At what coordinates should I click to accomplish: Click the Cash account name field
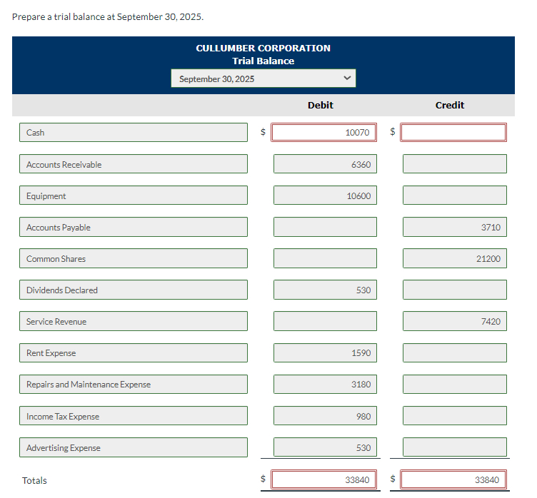(134, 133)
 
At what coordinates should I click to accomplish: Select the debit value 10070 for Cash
(325, 133)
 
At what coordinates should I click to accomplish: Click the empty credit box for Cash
(454, 133)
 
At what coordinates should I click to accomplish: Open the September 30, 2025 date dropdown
(263, 78)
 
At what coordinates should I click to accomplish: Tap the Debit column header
(320, 105)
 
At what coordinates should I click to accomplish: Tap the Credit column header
(450, 105)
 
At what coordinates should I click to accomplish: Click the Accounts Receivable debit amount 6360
(325, 164)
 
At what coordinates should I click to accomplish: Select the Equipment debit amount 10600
(325, 195)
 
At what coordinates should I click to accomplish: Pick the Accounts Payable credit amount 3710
(454, 227)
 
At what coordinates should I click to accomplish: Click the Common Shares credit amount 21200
(454, 258)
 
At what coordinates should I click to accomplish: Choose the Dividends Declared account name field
(134, 290)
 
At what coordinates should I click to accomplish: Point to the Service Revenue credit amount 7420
(454, 321)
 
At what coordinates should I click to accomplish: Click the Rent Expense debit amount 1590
(325, 352)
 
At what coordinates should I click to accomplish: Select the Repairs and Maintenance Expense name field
(134, 385)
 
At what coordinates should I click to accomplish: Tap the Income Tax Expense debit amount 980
(325, 416)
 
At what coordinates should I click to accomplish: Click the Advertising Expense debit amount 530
(325, 447)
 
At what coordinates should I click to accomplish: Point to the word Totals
(34, 480)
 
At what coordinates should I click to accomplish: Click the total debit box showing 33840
(325, 479)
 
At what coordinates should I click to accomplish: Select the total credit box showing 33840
(454, 479)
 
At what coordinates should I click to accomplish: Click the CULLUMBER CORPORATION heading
(263, 48)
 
